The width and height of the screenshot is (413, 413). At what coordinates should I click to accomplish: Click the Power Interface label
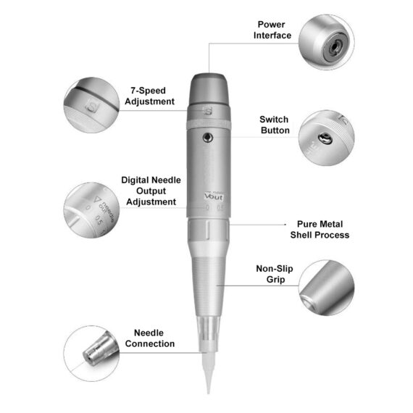[x=273, y=29]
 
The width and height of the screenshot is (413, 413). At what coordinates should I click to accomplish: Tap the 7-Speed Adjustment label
[x=150, y=96]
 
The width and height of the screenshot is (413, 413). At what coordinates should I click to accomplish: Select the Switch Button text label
[x=274, y=125]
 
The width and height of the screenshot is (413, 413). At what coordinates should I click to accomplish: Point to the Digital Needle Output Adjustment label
[x=150, y=191]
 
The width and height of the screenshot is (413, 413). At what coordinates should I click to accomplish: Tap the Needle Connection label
[x=150, y=338]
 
